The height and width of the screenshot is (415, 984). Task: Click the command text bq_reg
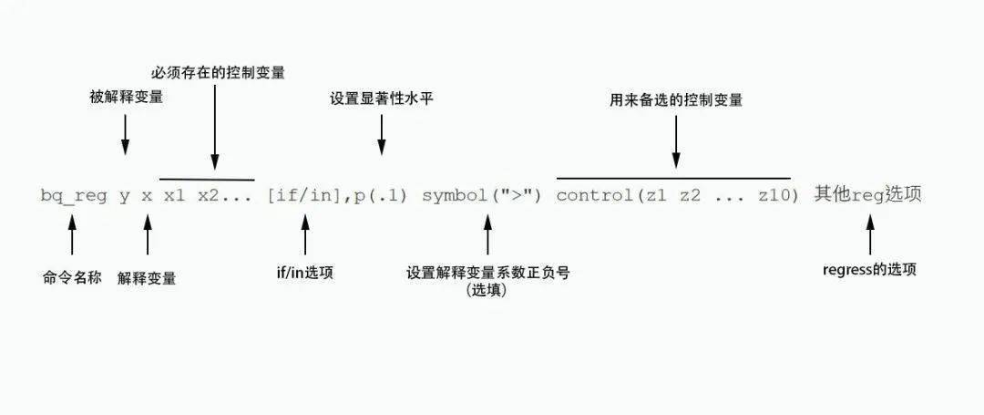[73, 196]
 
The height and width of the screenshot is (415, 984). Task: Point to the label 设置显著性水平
[382, 99]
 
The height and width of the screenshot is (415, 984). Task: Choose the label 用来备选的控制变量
[676, 100]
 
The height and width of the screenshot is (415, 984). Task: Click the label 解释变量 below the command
[147, 278]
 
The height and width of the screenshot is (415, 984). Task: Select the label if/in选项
[305, 273]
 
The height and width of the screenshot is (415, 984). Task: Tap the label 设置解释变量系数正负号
[488, 273]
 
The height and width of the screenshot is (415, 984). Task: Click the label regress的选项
[869, 270]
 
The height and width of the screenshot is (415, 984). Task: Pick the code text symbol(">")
[481, 196]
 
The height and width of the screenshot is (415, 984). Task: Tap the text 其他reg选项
[868, 195]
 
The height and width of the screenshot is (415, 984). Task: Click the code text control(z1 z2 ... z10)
[678, 196]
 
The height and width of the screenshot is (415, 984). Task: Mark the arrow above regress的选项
[870, 235]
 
